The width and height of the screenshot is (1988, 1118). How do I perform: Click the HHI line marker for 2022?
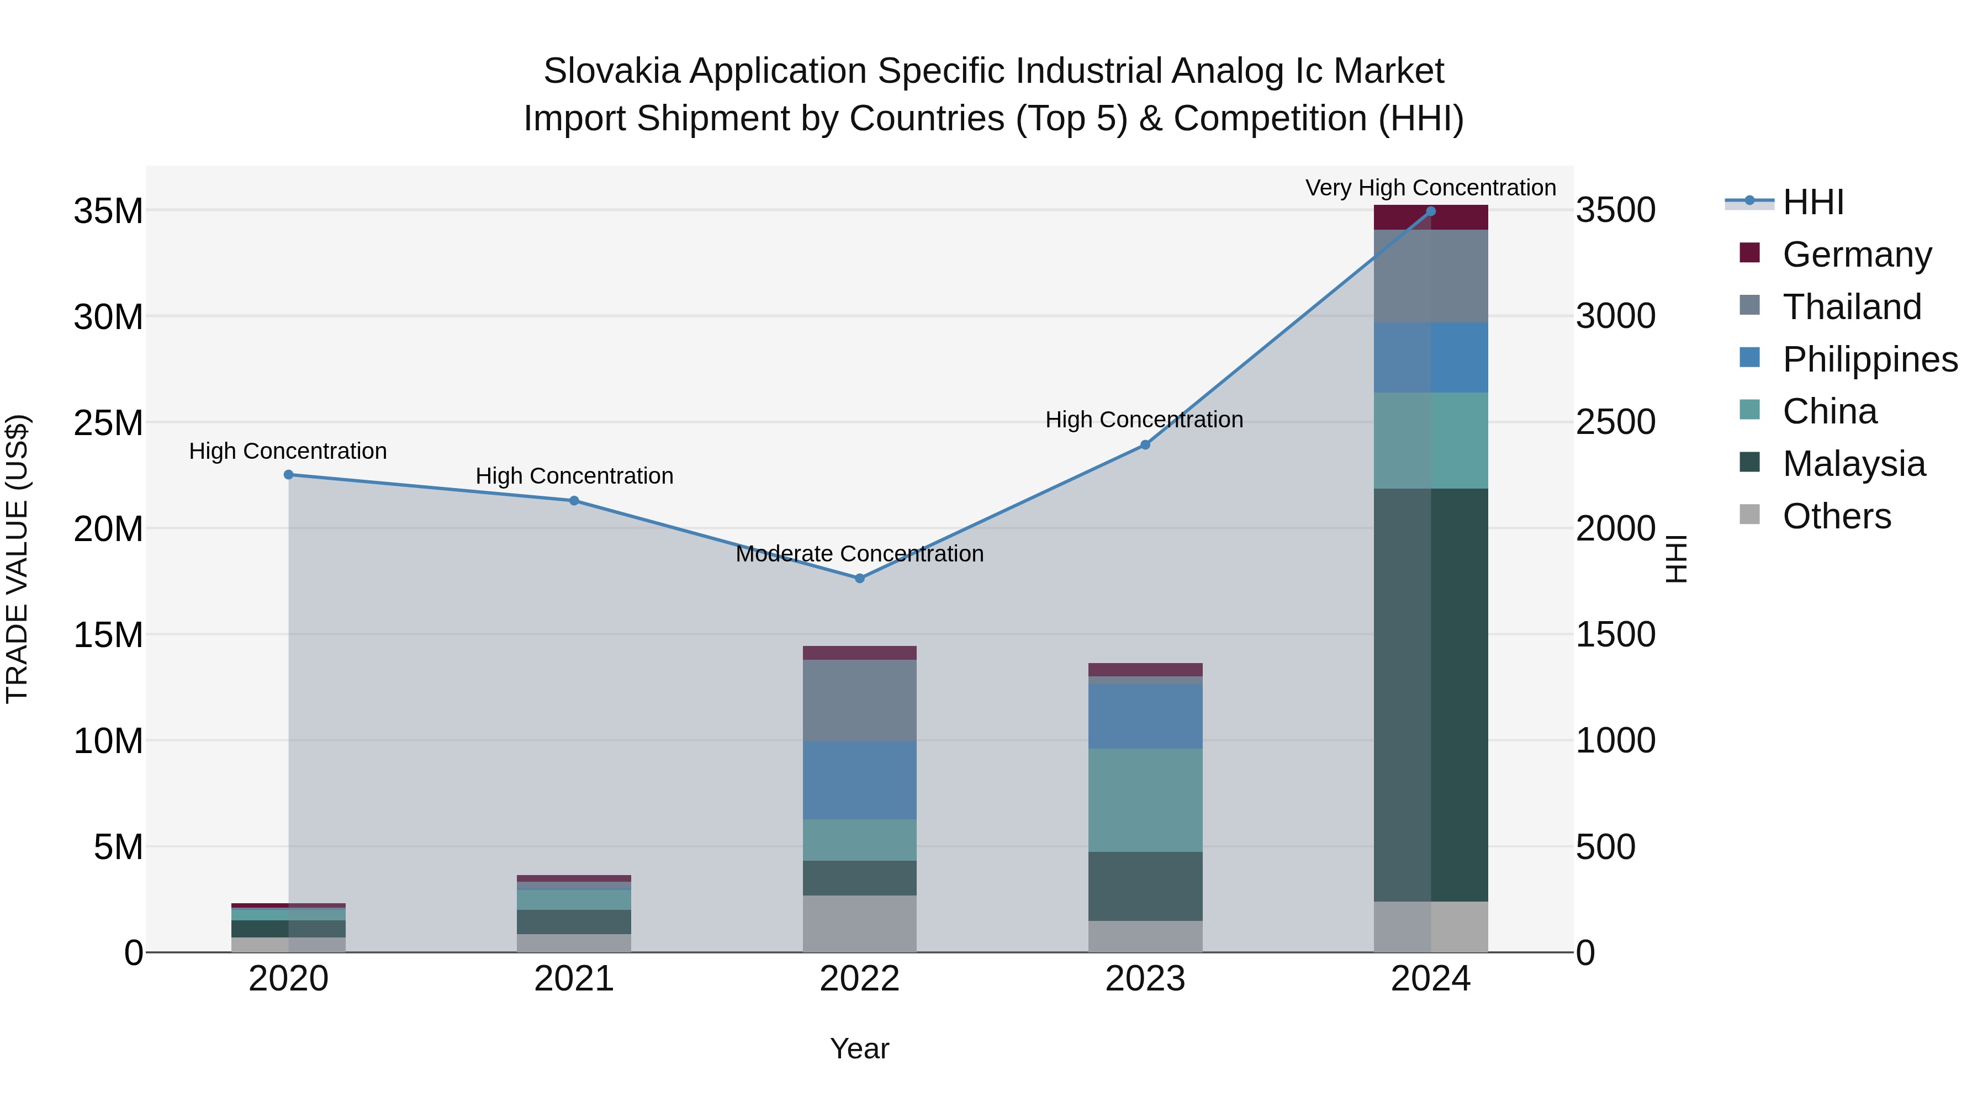(860, 578)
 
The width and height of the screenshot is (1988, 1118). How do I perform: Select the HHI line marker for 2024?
(1431, 211)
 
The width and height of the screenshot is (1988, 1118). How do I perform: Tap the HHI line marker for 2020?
(289, 474)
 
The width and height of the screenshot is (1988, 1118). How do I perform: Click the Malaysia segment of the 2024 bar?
(1431, 695)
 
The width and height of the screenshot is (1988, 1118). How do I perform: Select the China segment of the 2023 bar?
(1145, 800)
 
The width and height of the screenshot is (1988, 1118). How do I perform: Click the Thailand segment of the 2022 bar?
(860, 700)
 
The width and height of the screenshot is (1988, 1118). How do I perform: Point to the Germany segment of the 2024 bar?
(1431, 218)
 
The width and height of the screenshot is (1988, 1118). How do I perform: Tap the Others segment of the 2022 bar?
(860, 924)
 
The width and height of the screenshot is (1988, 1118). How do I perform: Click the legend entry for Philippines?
(1869, 359)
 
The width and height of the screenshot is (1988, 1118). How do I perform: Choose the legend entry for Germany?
(1856, 255)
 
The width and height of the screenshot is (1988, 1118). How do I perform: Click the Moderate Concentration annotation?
(860, 554)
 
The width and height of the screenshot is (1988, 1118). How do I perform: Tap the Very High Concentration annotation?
(1431, 188)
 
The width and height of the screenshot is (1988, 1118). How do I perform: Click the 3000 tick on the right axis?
(1615, 316)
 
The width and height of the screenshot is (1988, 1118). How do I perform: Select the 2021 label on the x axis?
(574, 979)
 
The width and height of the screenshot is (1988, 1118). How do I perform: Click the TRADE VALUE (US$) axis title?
(17, 559)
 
